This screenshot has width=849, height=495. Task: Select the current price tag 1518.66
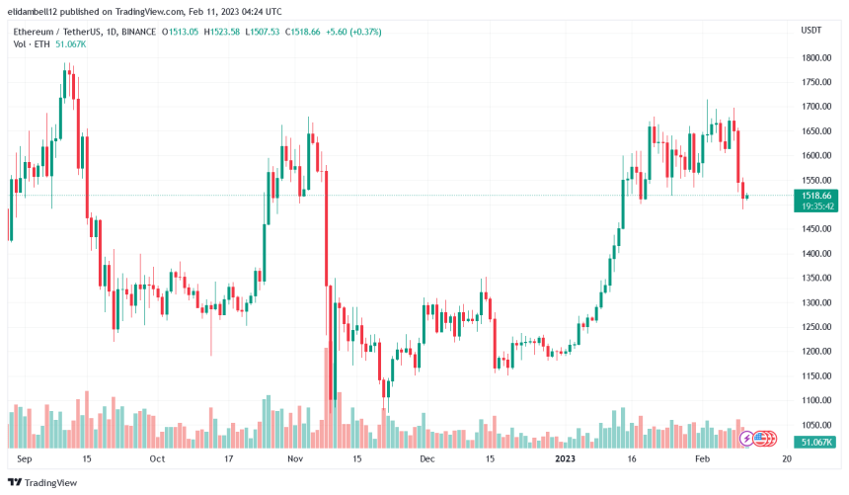pos(818,197)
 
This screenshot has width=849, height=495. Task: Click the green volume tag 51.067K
pos(818,442)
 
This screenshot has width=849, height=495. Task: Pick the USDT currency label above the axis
pos(810,31)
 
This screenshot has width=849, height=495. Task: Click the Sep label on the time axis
pos(25,459)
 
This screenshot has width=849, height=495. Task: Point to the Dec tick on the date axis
pos(426,459)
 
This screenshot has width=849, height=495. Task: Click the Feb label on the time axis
pos(701,459)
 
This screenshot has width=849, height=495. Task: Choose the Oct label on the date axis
pos(156,459)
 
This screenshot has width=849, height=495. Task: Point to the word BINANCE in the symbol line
pos(147,32)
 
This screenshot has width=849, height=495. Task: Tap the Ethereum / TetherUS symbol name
pos(55,32)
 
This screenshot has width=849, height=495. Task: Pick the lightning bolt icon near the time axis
pos(747,437)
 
